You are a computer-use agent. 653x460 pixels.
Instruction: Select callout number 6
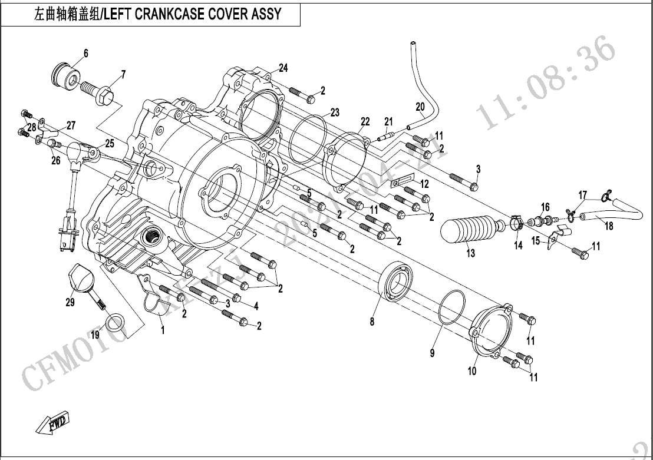point(85,54)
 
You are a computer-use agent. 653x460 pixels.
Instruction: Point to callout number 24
point(283,68)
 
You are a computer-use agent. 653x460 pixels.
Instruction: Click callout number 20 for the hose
point(420,107)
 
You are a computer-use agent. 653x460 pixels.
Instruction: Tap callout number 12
point(425,183)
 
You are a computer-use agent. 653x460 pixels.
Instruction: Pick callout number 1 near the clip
point(163,330)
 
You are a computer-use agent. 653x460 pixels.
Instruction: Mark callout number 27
point(71,125)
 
